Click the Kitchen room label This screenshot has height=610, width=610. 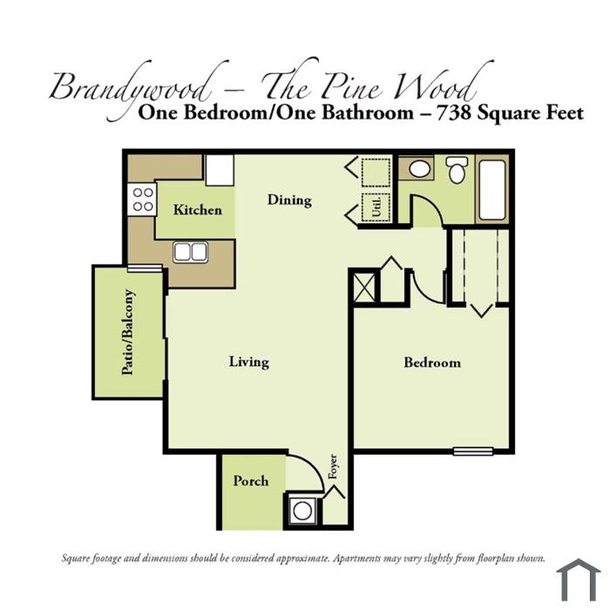point(198,210)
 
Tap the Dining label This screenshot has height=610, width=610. point(289,200)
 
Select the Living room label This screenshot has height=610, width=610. point(249,363)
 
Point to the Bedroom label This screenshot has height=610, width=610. point(432,363)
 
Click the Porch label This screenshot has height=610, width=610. point(251,481)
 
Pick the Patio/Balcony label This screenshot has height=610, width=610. point(128,332)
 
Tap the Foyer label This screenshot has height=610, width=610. point(333,466)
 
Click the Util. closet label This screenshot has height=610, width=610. point(376,207)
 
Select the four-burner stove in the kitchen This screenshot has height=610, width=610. point(142,200)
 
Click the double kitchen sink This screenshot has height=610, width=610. point(190,252)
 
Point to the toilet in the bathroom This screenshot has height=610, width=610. point(456,170)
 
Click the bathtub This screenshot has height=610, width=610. point(492,190)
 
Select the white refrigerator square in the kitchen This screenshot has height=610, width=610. point(220,170)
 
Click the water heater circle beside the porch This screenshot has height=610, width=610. point(302,511)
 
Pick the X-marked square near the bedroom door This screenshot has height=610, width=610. point(364,288)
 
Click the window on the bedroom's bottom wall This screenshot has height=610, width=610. point(473,451)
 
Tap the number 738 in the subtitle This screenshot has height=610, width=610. point(453,112)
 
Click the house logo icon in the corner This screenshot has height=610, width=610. point(579,580)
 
